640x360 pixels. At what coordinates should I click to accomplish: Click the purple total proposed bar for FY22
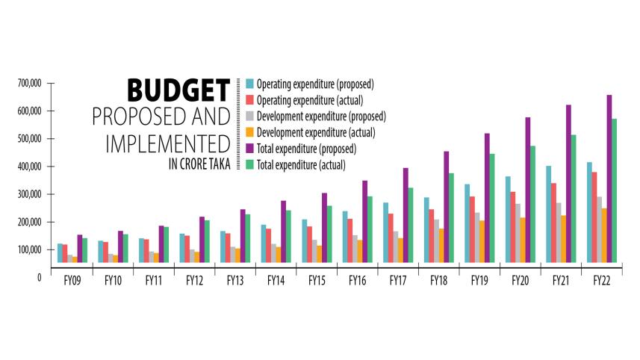pos(609,179)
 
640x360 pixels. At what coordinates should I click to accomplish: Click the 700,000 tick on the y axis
pos(27,83)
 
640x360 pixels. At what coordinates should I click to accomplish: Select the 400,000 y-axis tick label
pos(27,166)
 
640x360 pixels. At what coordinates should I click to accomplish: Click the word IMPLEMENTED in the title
pos(166,143)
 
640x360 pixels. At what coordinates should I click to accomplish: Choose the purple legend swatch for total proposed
pos(249,149)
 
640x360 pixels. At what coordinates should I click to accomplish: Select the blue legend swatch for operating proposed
pos(249,84)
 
